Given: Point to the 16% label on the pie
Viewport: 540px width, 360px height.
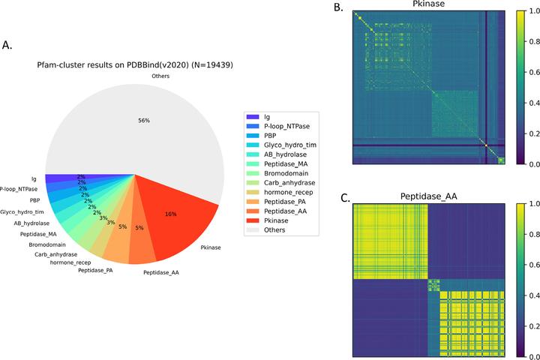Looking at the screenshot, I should click(170, 214).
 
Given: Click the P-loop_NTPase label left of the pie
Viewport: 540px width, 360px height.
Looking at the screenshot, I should click(19, 189).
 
